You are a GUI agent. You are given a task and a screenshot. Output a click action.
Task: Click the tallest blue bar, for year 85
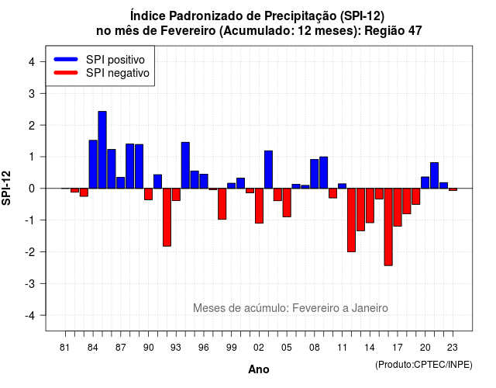[x=102, y=150]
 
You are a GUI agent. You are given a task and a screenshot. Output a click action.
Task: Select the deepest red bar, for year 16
[x=388, y=227]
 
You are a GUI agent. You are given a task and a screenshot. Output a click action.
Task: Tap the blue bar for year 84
[x=93, y=165]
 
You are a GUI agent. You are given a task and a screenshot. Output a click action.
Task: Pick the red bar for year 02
[x=259, y=206]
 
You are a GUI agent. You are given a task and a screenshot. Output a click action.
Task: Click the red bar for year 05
[x=287, y=203]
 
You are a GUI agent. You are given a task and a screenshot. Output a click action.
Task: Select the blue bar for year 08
[x=315, y=174]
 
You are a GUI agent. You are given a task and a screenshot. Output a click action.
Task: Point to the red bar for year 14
[x=370, y=206]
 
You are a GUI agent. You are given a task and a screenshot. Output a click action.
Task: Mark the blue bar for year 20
[x=425, y=183]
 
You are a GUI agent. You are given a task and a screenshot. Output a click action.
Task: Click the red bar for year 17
[x=398, y=207]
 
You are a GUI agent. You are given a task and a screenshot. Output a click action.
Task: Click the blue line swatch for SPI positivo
[x=66, y=59]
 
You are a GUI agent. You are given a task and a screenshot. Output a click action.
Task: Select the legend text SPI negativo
[x=118, y=73]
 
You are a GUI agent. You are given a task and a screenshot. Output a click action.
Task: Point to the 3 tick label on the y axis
[x=32, y=93]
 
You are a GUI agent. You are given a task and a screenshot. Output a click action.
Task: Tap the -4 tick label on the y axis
[x=30, y=316]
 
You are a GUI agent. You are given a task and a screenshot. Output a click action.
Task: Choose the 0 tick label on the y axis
[x=32, y=189]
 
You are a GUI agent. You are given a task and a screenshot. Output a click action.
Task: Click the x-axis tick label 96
[x=204, y=348]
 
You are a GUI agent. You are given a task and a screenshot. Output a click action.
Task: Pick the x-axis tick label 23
[x=453, y=348]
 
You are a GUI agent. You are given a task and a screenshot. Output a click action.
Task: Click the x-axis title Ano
[x=259, y=369]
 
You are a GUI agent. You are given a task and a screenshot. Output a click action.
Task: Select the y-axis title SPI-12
[x=6, y=188]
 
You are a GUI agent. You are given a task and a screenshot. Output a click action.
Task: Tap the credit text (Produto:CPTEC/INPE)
[x=424, y=365]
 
